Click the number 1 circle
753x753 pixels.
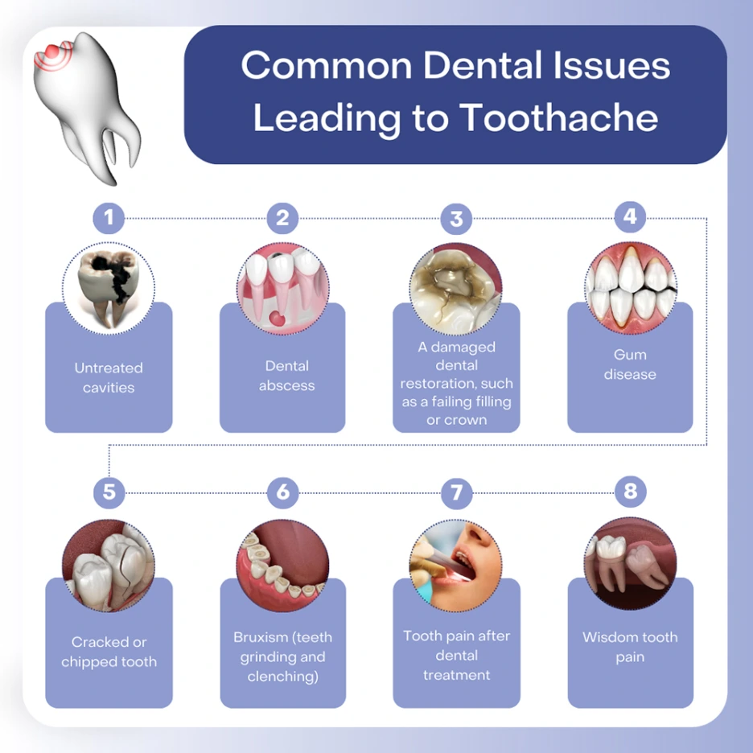coord(109,217)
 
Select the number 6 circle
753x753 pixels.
coord(282,492)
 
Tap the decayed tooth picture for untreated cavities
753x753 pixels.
coord(109,288)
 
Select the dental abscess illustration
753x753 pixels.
coord(282,288)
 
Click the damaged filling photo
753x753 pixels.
coord(456,288)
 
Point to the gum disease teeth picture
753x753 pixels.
coord(630,286)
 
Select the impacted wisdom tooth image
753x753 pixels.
coord(630,563)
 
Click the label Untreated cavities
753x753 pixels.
coord(109,377)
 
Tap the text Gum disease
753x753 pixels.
coord(630,364)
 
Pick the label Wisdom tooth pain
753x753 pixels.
coord(630,647)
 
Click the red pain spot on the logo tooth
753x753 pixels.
coord(51,50)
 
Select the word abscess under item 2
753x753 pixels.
coord(286,385)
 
